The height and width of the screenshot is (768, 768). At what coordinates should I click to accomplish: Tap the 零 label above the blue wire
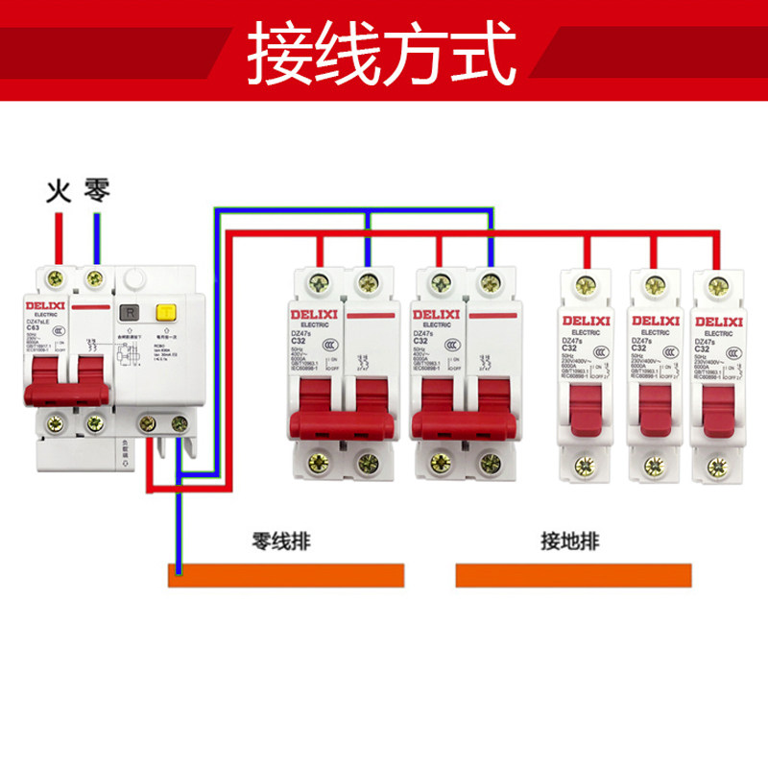click(x=97, y=189)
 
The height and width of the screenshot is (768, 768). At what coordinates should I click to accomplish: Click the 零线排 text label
click(x=280, y=540)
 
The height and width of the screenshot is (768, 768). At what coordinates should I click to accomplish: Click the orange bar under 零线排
click(x=286, y=575)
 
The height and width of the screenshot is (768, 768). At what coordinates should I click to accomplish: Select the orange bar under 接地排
click(x=573, y=575)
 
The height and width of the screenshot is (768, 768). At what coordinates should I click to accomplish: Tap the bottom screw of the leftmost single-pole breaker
click(x=584, y=468)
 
